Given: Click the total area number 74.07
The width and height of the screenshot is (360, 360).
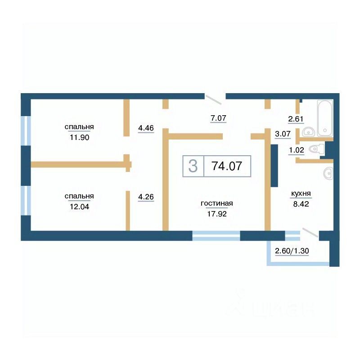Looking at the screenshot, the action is [x=227, y=166].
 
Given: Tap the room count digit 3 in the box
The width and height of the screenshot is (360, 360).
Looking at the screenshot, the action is [x=193, y=166].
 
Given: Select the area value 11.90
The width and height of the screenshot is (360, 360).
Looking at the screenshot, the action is [x=80, y=138].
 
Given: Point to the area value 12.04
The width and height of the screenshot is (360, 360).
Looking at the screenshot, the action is [x=80, y=207].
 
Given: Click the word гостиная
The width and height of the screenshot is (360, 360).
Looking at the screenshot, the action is [x=217, y=203].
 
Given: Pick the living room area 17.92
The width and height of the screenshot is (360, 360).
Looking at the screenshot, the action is [x=217, y=214].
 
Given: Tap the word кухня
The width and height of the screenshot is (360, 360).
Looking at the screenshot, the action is [x=301, y=193].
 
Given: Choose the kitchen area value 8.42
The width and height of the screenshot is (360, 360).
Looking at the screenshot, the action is [x=301, y=204].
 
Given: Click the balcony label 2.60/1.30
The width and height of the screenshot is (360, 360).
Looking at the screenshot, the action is [x=292, y=251].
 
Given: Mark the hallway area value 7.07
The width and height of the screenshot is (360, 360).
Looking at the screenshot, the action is [x=218, y=118].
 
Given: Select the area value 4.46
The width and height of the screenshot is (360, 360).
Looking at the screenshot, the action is [x=146, y=128].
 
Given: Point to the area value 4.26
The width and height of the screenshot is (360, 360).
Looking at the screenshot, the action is [x=146, y=197].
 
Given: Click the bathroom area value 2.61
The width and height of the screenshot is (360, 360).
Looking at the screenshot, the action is [x=296, y=119].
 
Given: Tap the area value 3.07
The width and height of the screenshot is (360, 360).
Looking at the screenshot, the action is [x=283, y=134].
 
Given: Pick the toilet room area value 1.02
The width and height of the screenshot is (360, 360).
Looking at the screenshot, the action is [x=297, y=150].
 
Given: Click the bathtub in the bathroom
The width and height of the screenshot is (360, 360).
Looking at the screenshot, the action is [x=325, y=118].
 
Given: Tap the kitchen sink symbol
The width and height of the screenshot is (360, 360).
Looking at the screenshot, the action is [x=328, y=173].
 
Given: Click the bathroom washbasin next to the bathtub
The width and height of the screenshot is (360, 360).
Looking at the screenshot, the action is [x=309, y=132].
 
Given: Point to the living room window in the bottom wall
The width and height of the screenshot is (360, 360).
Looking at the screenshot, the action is [x=216, y=236].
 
